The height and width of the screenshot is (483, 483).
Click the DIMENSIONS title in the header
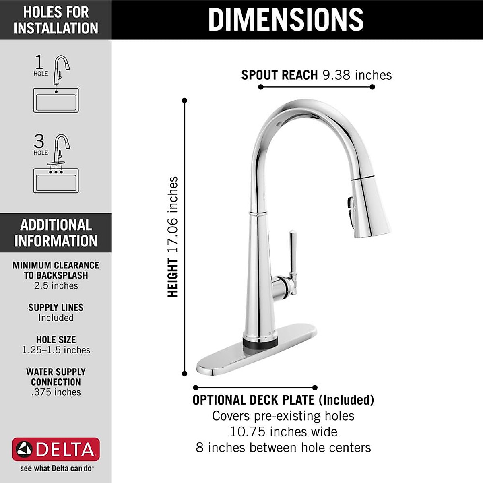point(286,19)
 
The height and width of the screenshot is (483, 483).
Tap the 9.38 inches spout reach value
point(357,75)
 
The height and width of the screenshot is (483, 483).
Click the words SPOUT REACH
point(279,75)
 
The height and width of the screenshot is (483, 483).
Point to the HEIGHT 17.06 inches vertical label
point(173,237)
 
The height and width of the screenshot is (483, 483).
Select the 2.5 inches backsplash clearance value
point(56,286)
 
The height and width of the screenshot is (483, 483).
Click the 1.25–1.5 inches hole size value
point(56,350)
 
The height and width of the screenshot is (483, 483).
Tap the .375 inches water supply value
point(56,392)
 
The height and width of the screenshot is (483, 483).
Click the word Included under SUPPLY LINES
point(56,318)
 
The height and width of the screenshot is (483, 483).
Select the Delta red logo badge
point(56,449)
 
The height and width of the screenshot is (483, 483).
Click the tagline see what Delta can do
point(56,469)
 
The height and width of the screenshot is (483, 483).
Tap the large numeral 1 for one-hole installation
point(39,62)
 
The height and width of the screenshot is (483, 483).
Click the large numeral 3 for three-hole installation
point(39,141)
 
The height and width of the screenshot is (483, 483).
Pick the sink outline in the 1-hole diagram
point(56,100)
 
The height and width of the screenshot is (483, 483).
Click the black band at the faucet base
point(260,343)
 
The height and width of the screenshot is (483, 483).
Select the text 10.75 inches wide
point(283,432)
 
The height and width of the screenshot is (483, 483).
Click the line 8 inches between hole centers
point(283,448)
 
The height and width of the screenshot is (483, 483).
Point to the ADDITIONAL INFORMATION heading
point(56,233)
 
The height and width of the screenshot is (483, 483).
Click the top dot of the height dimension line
point(185,100)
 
